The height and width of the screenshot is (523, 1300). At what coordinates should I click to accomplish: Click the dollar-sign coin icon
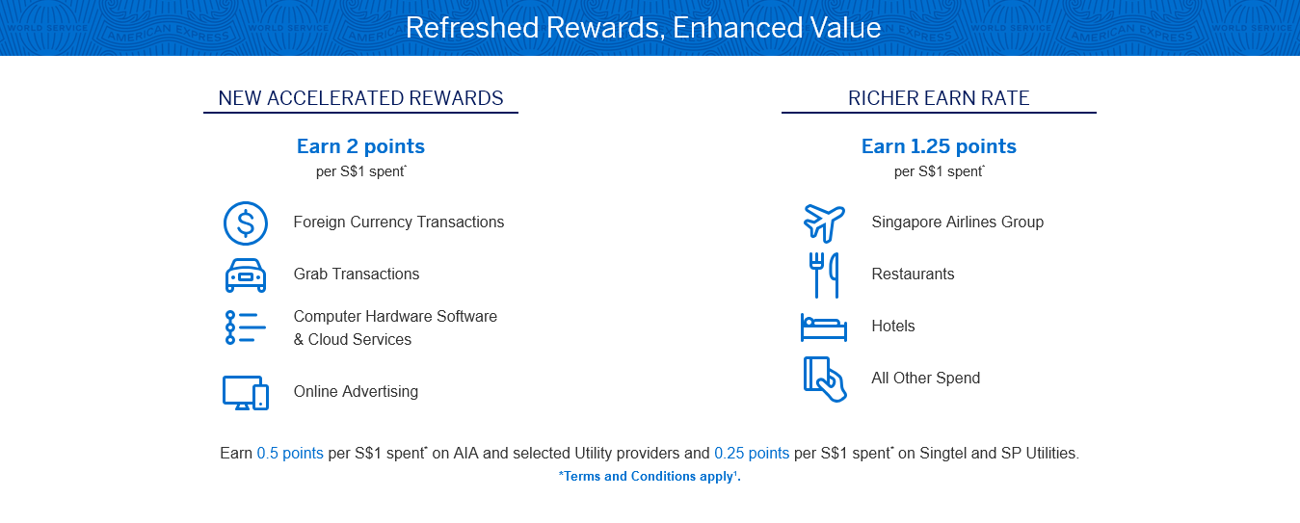tap(246, 223)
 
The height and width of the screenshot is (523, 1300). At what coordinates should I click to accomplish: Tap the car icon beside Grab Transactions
tap(246, 275)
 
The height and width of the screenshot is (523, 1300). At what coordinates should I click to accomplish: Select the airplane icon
tap(824, 223)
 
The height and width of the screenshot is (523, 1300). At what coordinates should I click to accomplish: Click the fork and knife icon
tap(824, 275)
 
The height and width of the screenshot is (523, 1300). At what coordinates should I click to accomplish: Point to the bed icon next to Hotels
tap(824, 327)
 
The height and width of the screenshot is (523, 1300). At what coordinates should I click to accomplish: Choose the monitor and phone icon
tap(246, 393)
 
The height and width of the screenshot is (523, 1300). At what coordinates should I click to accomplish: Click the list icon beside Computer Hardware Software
tap(246, 327)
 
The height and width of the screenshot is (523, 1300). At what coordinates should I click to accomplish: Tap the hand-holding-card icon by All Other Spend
tap(825, 379)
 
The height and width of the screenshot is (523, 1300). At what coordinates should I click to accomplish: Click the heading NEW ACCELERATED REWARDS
tap(360, 98)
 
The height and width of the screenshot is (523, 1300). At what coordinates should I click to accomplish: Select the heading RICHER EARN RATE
tap(939, 98)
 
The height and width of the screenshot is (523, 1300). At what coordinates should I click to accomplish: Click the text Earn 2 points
tap(360, 146)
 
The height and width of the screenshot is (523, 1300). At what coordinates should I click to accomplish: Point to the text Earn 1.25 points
tap(939, 146)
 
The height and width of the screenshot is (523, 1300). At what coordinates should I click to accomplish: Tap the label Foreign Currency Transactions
tap(399, 222)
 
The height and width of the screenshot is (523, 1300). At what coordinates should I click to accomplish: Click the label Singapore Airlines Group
tap(958, 222)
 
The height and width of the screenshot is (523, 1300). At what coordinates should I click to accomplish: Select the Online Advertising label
tap(356, 391)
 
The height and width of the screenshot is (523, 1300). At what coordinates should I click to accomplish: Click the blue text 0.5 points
tap(290, 454)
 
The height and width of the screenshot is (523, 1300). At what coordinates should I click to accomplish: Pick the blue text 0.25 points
tap(752, 454)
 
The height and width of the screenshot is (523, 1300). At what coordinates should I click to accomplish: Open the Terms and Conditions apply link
tap(650, 476)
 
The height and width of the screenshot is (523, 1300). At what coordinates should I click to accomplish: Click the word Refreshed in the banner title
tap(472, 27)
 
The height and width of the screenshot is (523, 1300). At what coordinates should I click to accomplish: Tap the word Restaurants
tap(913, 274)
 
